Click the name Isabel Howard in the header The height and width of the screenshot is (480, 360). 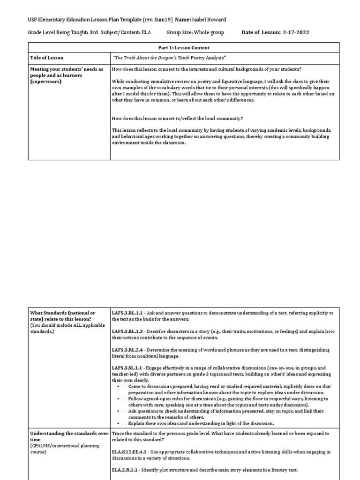(210, 19)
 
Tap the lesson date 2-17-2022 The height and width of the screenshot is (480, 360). (296, 32)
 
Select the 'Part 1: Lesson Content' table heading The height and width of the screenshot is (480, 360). (184, 47)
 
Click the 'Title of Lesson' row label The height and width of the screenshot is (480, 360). (47, 58)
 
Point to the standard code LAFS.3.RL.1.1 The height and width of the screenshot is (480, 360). (129, 313)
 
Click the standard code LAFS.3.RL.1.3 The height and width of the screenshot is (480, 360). (129, 331)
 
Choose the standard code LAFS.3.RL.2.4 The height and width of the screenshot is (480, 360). (129, 350)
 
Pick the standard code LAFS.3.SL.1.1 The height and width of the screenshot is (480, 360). (129, 368)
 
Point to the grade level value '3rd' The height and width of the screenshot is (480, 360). (92, 32)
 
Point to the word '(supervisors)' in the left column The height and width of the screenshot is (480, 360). (45, 81)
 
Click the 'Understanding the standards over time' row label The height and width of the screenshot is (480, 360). (69, 434)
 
